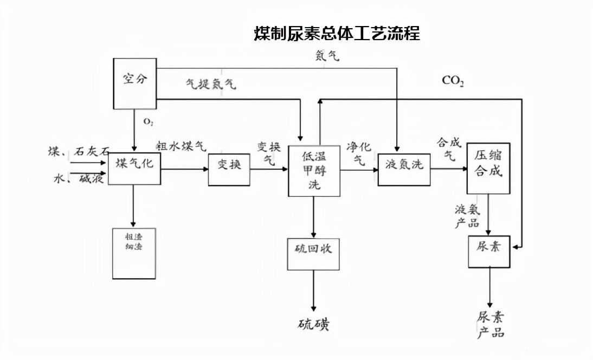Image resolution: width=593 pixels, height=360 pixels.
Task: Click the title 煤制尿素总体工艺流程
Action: (337, 34)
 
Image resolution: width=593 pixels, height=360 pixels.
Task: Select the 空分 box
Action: (134, 83)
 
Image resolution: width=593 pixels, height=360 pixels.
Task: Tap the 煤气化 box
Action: (134, 169)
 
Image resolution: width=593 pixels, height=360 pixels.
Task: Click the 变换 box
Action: (229, 169)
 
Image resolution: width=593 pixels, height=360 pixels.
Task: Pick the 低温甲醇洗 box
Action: (314, 171)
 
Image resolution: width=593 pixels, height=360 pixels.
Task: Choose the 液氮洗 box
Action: (404, 169)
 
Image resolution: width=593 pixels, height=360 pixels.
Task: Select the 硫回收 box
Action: (314, 254)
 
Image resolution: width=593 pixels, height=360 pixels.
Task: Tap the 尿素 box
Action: (490, 252)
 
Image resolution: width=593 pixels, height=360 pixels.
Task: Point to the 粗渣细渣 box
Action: (133, 253)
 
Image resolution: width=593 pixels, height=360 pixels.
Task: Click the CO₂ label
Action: (453, 81)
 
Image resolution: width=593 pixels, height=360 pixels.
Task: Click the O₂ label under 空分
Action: (147, 122)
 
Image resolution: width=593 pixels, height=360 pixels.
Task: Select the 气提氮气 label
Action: (211, 85)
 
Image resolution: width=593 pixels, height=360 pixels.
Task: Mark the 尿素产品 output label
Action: (491, 325)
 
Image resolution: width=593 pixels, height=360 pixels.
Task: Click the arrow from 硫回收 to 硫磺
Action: (314, 290)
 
